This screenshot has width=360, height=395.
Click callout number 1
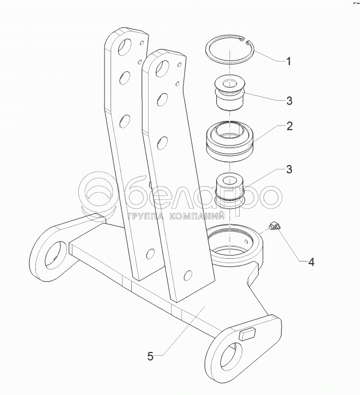click(x=289, y=61)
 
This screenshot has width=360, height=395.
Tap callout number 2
click(x=290, y=126)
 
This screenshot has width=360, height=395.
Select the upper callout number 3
click(x=289, y=101)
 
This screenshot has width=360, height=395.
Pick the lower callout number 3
click(x=289, y=169)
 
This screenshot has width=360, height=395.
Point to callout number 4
click(x=312, y=262)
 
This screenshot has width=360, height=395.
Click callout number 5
click(x=150, y=356)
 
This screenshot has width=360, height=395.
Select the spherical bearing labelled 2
click(x=229, y=141)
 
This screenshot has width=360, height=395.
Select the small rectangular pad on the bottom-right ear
click(x=247, y=335)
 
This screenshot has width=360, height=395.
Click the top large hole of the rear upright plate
click(x=124, y=47)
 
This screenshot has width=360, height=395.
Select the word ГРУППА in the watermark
click(x=145, y=216)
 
